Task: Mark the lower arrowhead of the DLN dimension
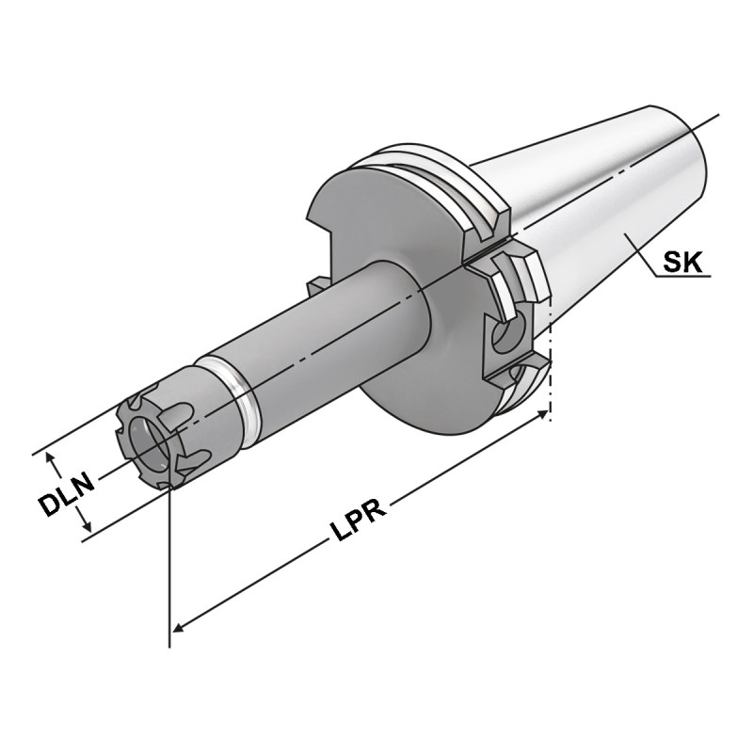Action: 86,529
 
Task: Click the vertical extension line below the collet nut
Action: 170,565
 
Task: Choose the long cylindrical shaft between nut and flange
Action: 320,329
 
